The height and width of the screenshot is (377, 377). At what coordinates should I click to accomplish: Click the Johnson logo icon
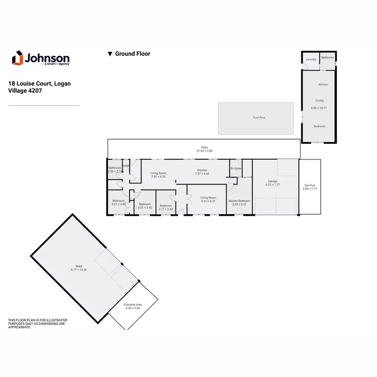[x=17, y=58]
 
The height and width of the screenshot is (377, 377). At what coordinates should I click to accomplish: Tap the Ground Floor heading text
[x=132, y=54]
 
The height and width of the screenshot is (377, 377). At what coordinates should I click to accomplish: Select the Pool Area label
[x=259, y=118]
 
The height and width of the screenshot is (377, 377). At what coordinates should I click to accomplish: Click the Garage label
[x=273, y=181]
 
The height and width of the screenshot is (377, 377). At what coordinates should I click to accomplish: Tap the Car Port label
[x=310, y=185]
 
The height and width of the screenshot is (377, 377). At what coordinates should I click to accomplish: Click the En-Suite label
[x=235, y=168]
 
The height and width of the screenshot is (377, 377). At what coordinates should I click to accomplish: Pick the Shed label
[x=79, y=266]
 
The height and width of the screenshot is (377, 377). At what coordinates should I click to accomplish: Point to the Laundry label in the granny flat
[x=311, y=59]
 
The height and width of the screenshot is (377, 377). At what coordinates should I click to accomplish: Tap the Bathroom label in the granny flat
[x=328, y=58]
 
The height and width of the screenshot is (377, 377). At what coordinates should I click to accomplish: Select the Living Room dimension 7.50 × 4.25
[x=158, y=177]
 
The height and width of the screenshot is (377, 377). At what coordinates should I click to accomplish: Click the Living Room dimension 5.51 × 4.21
[x=208, y=202]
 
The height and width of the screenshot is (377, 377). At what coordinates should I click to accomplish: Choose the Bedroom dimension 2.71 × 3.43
[x=166, y=209]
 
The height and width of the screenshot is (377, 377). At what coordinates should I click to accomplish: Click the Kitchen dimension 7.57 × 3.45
[x=202, y=174]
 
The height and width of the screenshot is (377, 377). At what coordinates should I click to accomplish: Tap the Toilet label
[x=126, y=165]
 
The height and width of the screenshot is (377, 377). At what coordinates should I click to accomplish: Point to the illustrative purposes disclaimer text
[x=38, y=323]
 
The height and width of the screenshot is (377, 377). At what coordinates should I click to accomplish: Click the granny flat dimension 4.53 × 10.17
[x=319, y=108]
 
